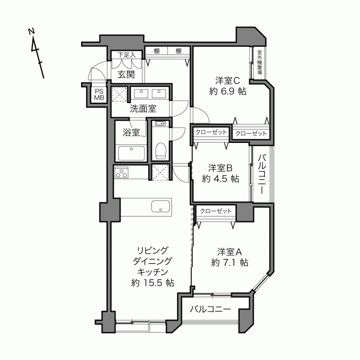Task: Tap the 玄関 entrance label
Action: (x=126, y=74)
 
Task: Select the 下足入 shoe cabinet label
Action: (x=126, y=55)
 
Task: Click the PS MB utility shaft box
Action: (x=99, y=94)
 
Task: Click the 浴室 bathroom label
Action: (x=131, y=133)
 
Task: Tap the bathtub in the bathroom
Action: (x=131, y=153)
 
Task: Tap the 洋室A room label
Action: (x=229, y=251)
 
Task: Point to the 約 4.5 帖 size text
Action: (x=221, y=179)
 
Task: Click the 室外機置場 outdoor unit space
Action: (x=259, y=63)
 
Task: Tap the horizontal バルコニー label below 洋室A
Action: (x=210, y=310)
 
